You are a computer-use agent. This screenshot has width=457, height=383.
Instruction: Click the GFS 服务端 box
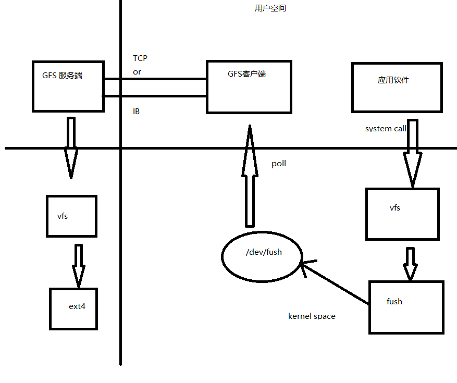[x=68, y=86]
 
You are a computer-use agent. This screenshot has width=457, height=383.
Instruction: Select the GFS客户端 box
[x=249, y=87]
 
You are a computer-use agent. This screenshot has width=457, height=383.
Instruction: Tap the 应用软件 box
[x=397, y=88]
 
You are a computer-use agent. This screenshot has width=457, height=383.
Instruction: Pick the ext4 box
[x=73, y=308]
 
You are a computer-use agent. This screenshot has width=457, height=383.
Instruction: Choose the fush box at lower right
[x=406, y=307]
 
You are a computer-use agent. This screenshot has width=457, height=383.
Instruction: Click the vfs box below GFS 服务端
[x=71, y=216]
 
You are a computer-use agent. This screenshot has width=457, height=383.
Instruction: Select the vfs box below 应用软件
[x=402, y=214]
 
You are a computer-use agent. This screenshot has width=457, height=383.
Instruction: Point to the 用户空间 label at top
[x=270, y=8]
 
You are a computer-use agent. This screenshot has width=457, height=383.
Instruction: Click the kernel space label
[x=312, y=316]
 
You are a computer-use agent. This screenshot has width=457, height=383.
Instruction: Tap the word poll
[x=279, y=164]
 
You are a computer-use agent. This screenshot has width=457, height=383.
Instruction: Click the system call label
[x=386, y=128]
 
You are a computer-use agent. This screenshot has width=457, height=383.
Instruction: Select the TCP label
[x=140, y=58]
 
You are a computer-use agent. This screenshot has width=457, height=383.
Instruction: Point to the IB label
[x=136, y=112]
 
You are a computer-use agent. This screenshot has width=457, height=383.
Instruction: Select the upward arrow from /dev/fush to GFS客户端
[x=250, y=177]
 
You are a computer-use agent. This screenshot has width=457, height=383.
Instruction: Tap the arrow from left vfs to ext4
[x=79, y=266]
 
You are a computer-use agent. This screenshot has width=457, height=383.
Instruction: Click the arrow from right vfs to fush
[x=410, y=264]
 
